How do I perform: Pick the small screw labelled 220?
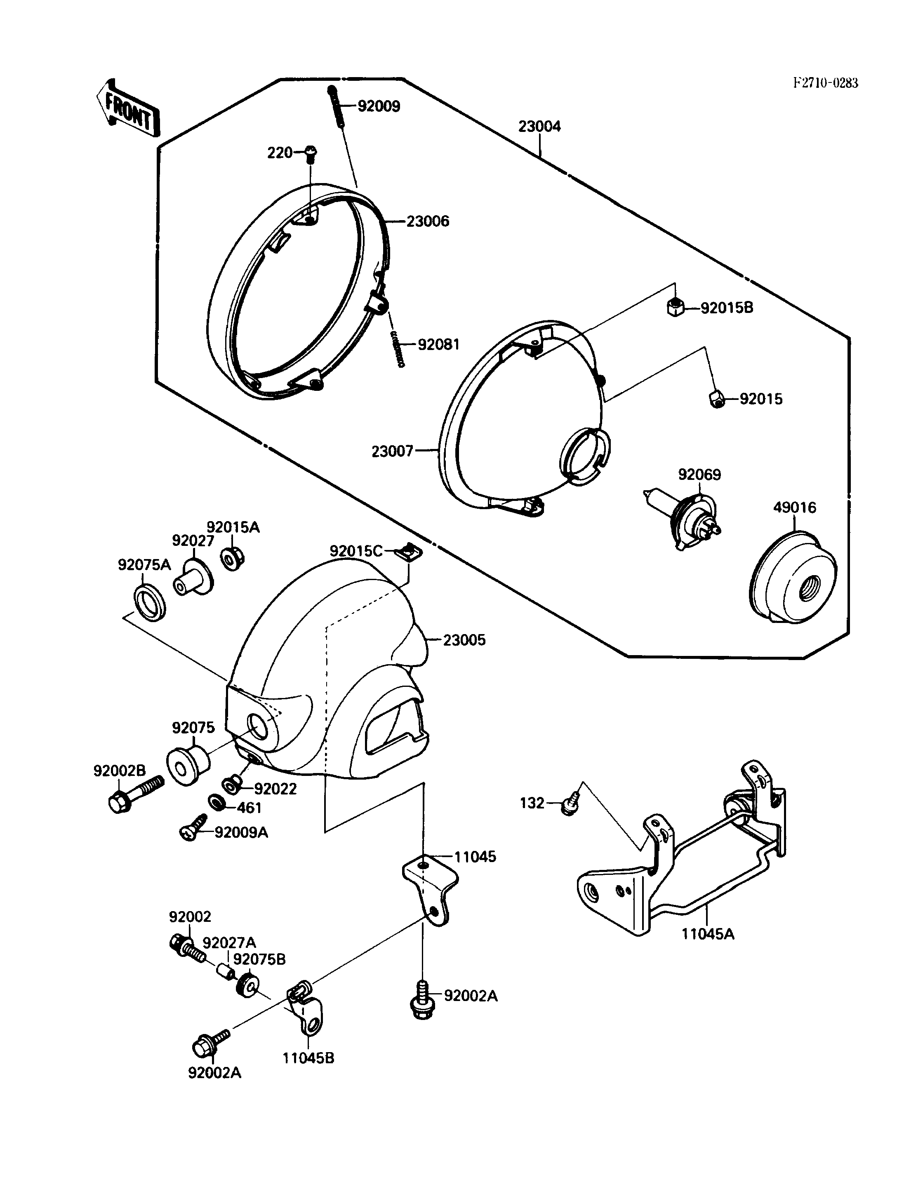[x=311, y=153]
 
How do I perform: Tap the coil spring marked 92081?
[x=396, y=349]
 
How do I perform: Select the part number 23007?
[x=392, y=451]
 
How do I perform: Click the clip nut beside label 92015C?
[x=411, y=551]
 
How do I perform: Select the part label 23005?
[x=464, y=640]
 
